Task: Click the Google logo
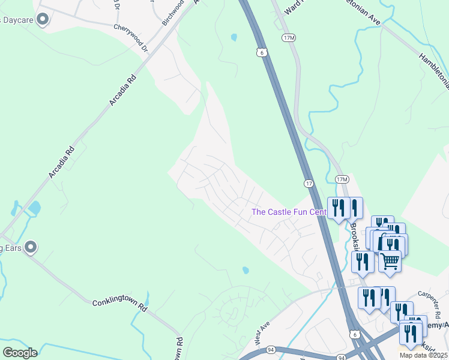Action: (x=19, y=353)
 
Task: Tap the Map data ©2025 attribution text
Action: (x=423, y=355)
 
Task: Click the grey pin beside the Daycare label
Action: (x=42, y=20)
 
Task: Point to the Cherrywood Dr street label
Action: (x=130, y=29)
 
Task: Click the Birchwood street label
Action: (x=173, y=13)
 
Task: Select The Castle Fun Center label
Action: (x=289, y=212)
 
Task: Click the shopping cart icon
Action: (x=390, y=262)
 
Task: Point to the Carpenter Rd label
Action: (x=430, y=301)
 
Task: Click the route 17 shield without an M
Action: (x=307, y=183)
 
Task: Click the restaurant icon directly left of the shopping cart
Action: (x=363, y=262)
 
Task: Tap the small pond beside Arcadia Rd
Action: (x=34, y=208)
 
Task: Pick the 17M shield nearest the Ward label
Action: (x=289, y=37)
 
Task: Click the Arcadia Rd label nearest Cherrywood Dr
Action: (x=122, y=90)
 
